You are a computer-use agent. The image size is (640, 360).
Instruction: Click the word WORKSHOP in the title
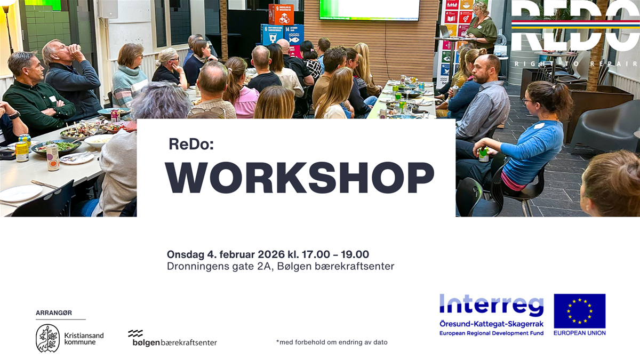pyautogui.click(x=299, y=178)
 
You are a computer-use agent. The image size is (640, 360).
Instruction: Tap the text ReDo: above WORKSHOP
pyautogui.click(x=191, y=144)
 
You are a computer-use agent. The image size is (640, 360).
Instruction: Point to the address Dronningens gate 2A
pyautogui.click(x=220, y=266)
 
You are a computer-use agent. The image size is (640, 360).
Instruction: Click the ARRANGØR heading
pyautogui.click(x=53, y=313)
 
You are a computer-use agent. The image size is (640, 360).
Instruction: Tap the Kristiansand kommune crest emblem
pyautogui.click(x=47, y=338)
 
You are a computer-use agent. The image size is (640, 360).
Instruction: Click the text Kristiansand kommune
pyautogui.click(x=83, y=338)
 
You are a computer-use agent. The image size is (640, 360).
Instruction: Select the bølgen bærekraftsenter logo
pyautogui.click(x=172, y=339)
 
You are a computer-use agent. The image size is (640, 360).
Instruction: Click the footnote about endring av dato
pyautogui.click(x=332, y=342)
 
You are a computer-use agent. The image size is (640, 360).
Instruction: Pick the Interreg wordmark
pyautogui.click(x=491, y=305)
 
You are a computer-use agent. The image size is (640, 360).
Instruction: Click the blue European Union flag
pyautogui.click(x=579, y=311)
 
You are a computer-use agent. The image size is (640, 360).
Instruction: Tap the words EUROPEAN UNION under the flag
pyautogui.click(x=579, y=333)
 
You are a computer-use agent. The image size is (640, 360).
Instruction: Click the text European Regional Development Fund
pyautogui.click(x=491, y=333)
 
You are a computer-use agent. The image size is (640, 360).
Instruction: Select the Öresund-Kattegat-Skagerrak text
pyautogui.click(x=491, y=324)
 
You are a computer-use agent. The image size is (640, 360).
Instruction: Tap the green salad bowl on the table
pyautogui.click(x=56, y=146)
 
